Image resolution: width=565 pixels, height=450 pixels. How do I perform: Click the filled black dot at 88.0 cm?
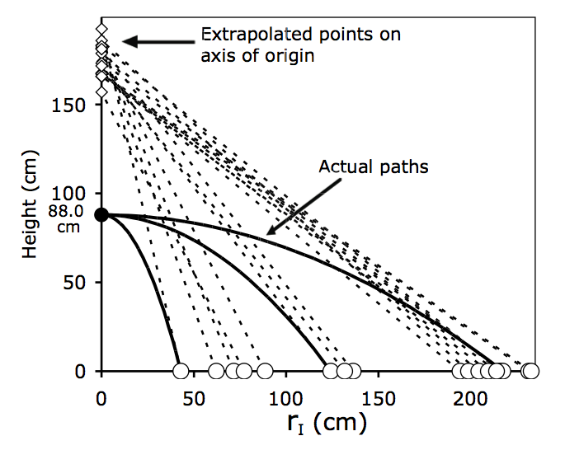tap(101, 214)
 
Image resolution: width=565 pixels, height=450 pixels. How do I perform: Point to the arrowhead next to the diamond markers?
tap(126, 40)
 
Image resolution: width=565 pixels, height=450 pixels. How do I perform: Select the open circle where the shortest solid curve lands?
tap(181, 371)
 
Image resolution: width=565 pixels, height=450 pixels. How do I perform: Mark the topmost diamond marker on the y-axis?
tap(101, 30)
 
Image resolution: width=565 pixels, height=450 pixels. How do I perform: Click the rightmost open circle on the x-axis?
tap(531, 371)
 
